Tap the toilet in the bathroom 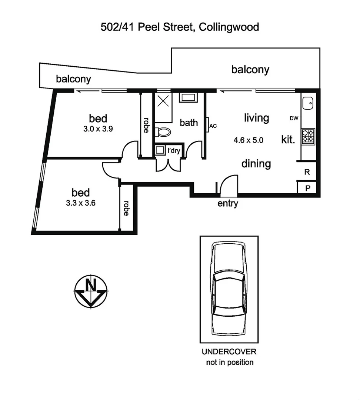pos(163,132)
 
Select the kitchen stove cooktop pos(308,136)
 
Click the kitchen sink pos(308,103)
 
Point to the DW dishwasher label pos(294,119)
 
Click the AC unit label pos(213,126)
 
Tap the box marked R pos(307,172)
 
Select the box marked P pos(307,188)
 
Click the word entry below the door pos(227,203)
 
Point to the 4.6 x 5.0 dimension pos(248,140)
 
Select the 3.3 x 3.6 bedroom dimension pos(81,203)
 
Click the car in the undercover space pos(229,289)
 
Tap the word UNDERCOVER pos(229,351)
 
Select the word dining pos(256,164)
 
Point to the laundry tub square pos(160,150)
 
